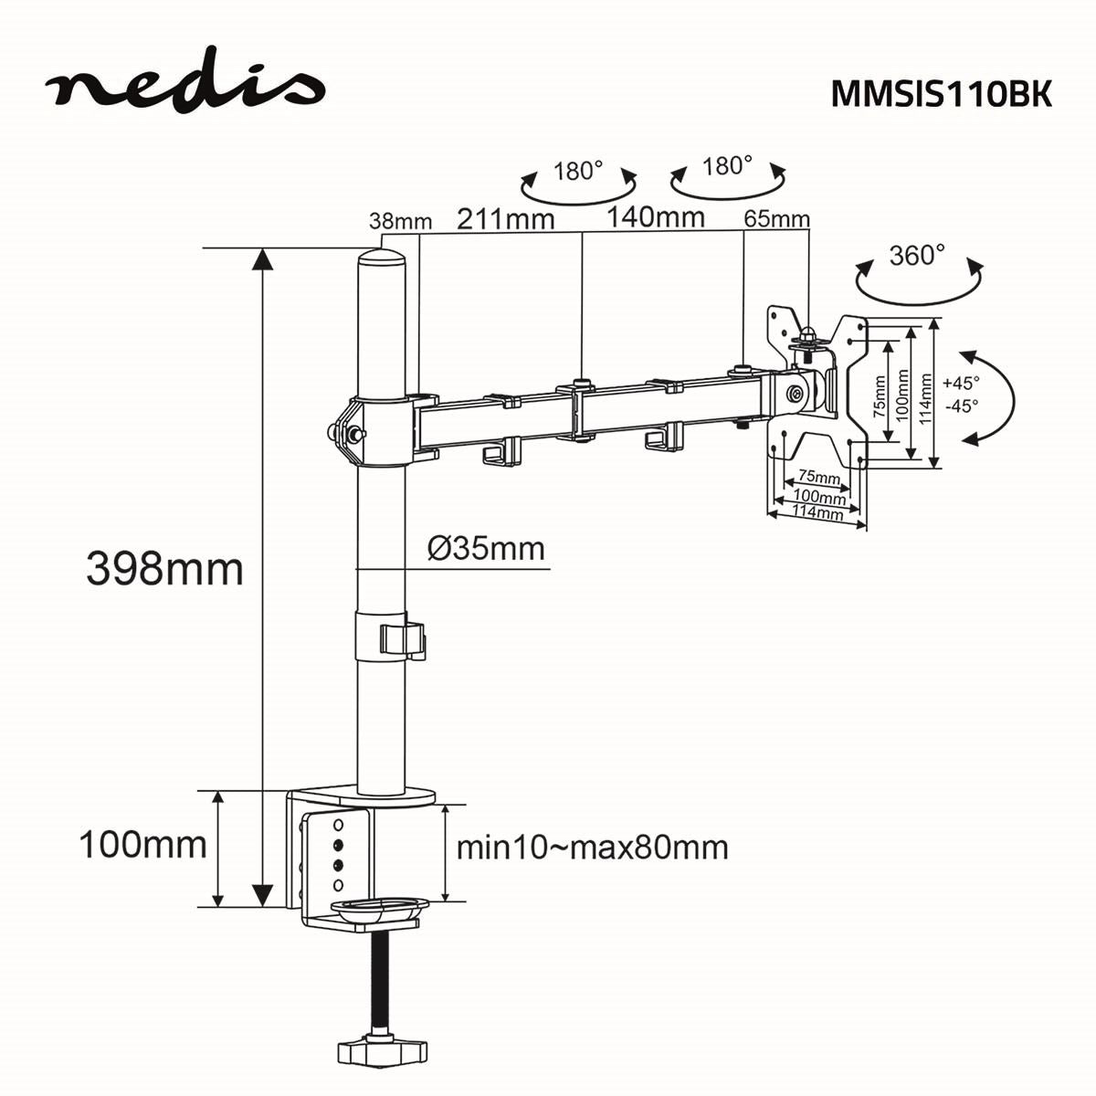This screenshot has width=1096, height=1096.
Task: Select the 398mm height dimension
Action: pos(165,569)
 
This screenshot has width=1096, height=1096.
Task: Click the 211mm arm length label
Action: pos(505,219)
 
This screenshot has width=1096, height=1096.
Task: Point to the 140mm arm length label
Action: pos(656,217)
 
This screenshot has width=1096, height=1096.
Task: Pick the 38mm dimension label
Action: pos(400,221)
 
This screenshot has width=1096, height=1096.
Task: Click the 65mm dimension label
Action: pos(776,219)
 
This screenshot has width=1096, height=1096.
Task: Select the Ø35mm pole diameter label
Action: pos(486,549)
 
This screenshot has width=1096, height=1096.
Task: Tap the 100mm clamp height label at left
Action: pos(142,844)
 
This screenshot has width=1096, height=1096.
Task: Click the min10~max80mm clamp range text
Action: pos(592,848)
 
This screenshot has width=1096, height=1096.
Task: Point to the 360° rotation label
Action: pos(917,255)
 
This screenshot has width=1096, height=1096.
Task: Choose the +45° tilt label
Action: pos(961,384)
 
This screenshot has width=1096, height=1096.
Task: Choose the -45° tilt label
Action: pos(961,406)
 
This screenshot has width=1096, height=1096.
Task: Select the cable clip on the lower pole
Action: pos(402,639)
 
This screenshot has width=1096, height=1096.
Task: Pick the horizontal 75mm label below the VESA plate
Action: pos(818,477)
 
